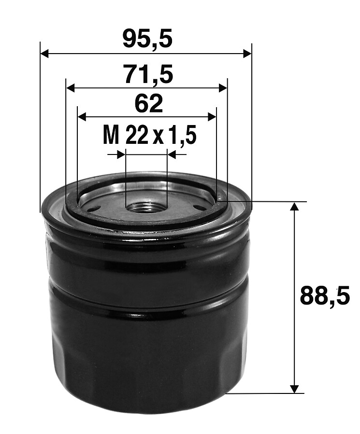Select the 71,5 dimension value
coord(149,74)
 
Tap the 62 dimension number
coord(148,103)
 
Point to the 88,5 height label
coord(325,296)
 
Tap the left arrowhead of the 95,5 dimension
coord(44,54)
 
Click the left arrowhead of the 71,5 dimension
coord(71,88)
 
